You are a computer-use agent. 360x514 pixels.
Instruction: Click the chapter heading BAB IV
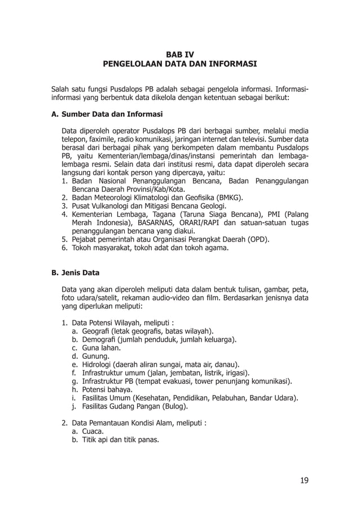tap(180, 54)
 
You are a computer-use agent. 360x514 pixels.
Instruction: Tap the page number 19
tap(304, 481)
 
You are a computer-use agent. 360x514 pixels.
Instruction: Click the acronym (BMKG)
tap(226, 197)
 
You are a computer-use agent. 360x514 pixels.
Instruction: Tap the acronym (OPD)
tap(257, 239)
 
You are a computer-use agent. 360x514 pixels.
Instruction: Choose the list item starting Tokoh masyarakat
tap(150, 247)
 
